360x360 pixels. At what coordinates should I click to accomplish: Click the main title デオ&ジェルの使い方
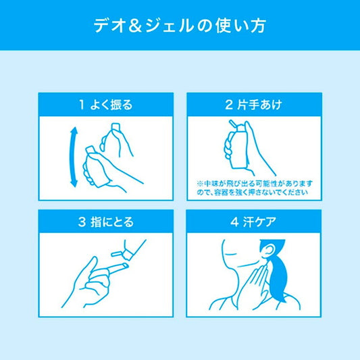[180, 25]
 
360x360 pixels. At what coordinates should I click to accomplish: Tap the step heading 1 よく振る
[106, 105]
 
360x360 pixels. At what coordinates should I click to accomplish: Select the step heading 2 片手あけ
[253, 105]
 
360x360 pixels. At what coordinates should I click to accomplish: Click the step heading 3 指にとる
[106, 222]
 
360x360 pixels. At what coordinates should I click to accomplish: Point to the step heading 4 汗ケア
[253, 222]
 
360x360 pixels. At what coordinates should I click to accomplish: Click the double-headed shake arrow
[72, 157]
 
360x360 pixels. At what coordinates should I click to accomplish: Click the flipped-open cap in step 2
[233, 124]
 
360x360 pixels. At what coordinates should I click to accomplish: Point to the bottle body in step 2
[239, 149]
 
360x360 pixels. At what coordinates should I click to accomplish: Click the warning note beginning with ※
[255, 188]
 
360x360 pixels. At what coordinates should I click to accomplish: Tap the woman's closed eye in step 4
[230, 254]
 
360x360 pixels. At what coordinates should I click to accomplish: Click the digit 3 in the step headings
[82, 222]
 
